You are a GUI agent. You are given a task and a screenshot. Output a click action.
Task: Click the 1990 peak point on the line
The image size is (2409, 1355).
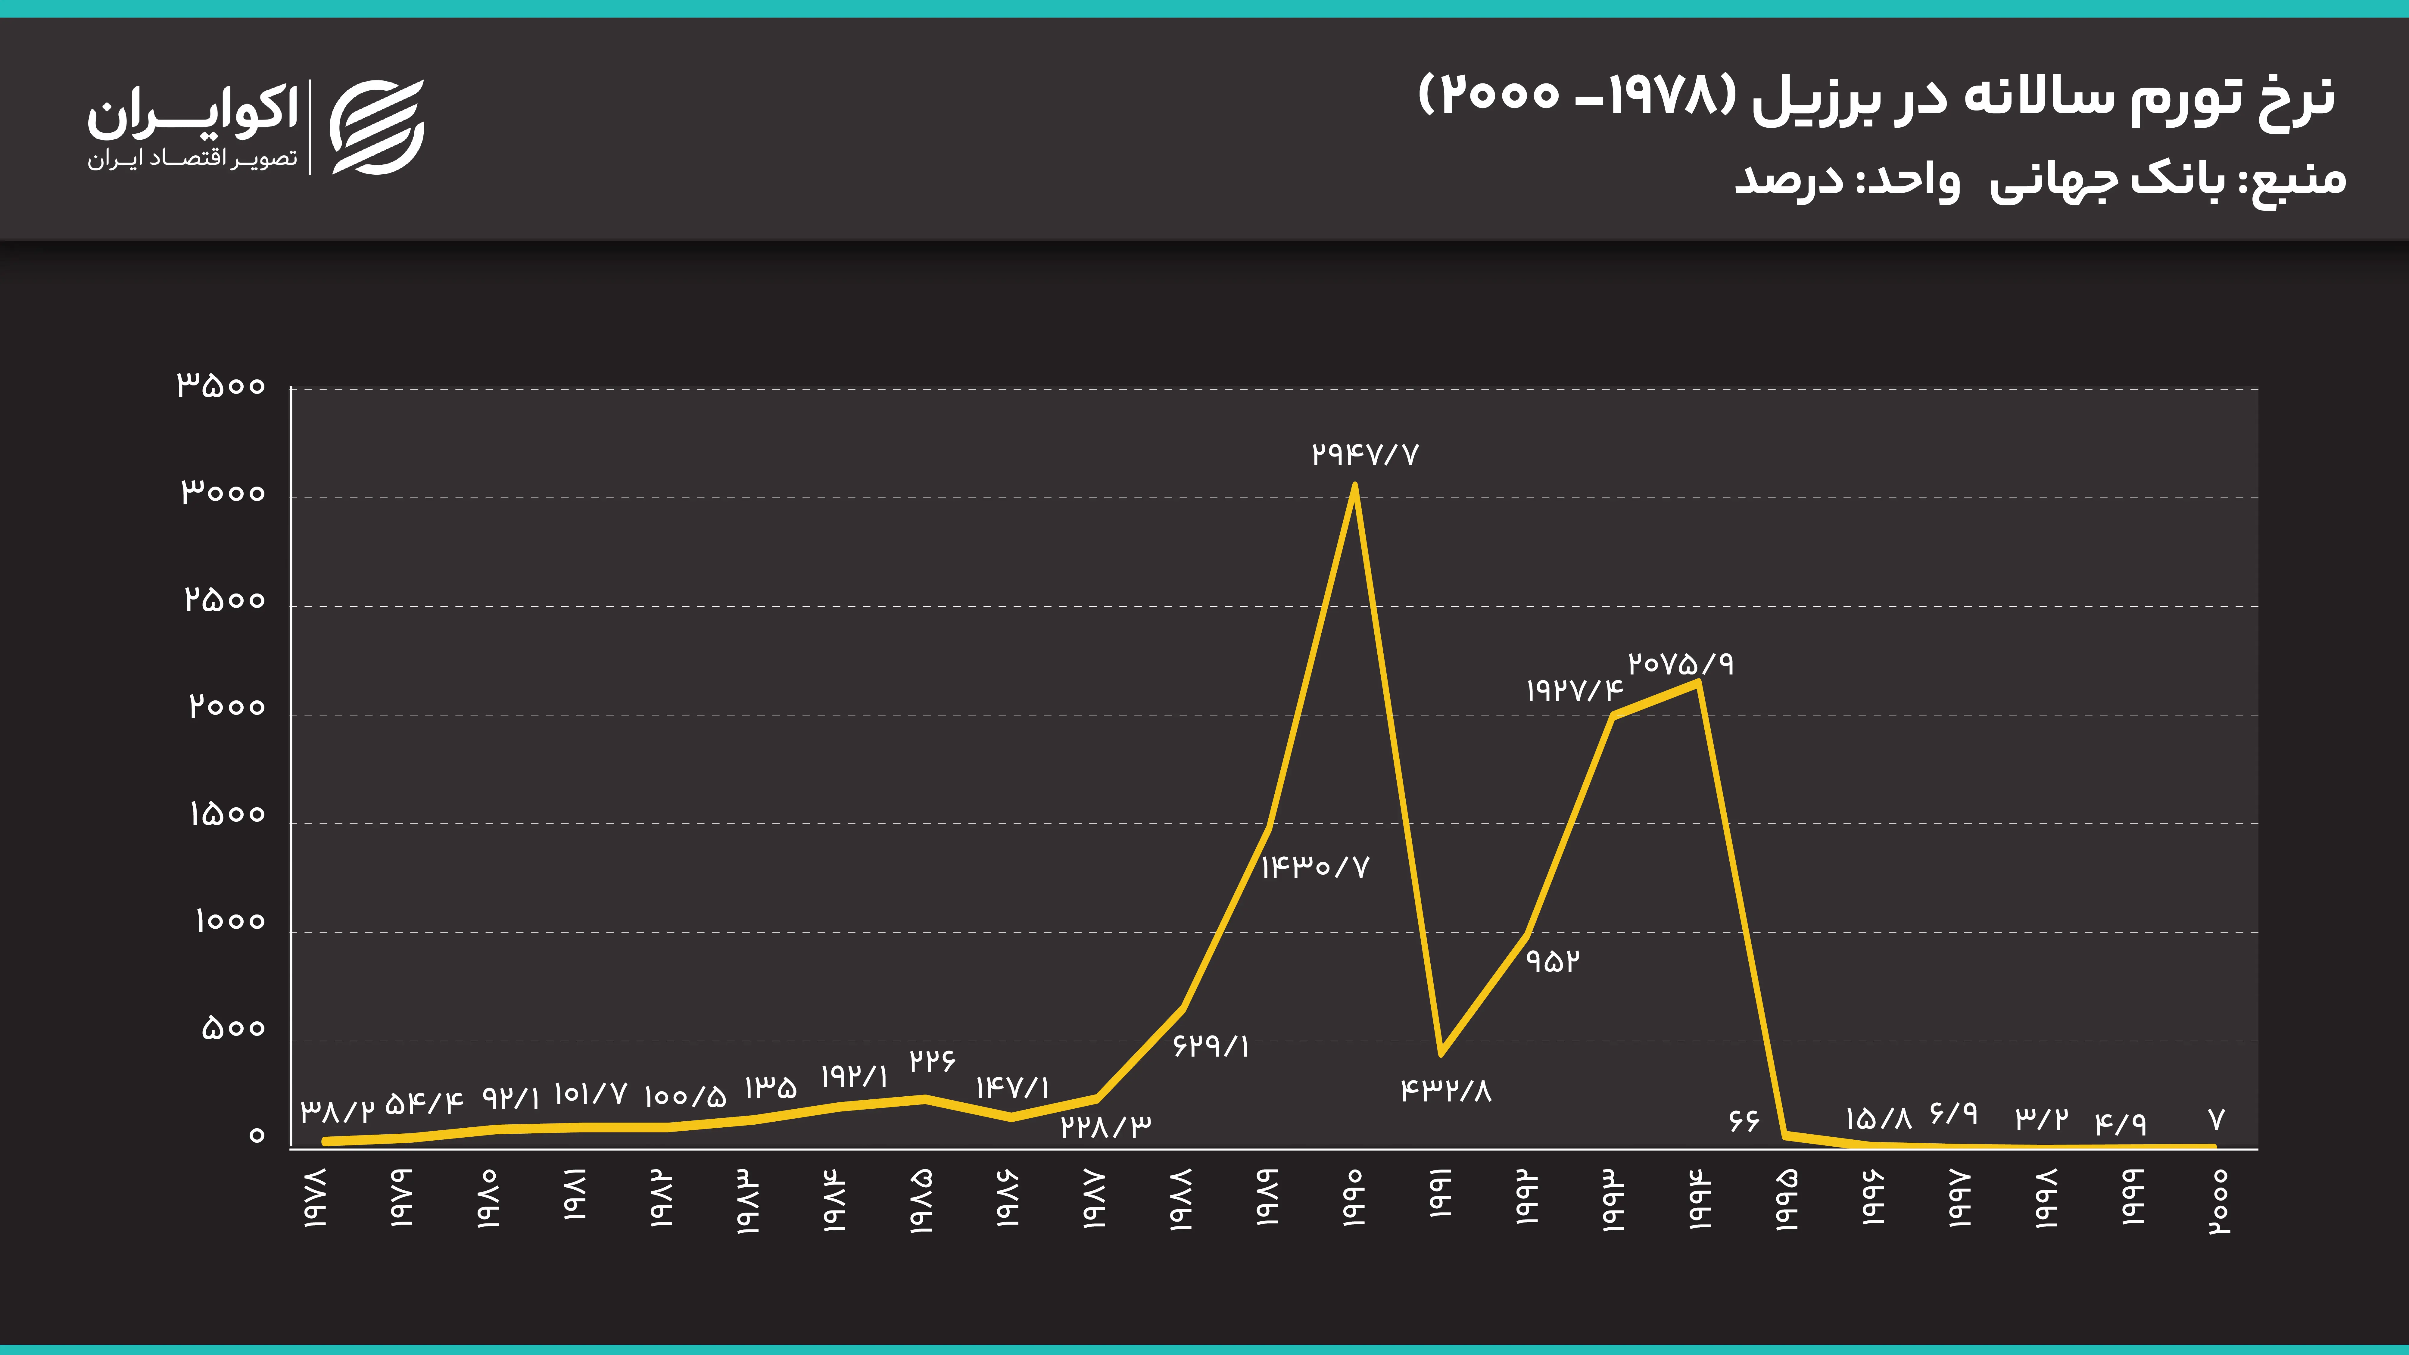(x=1354, y=485)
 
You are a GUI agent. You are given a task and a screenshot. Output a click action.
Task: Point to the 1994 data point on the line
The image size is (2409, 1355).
(x=1698, y=682)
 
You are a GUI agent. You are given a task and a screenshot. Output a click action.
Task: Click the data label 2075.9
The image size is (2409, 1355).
(x=1681, y=664)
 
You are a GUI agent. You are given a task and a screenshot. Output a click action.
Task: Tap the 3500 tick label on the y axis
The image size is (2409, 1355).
(x=222, y=385)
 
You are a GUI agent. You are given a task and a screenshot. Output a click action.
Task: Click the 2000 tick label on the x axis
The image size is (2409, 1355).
(x=2217, y=1202)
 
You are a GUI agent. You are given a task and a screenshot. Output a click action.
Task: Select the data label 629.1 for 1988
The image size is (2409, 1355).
(x=1211, y=1045)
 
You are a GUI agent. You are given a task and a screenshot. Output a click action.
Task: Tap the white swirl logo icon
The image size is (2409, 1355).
(x=378, y=127)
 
